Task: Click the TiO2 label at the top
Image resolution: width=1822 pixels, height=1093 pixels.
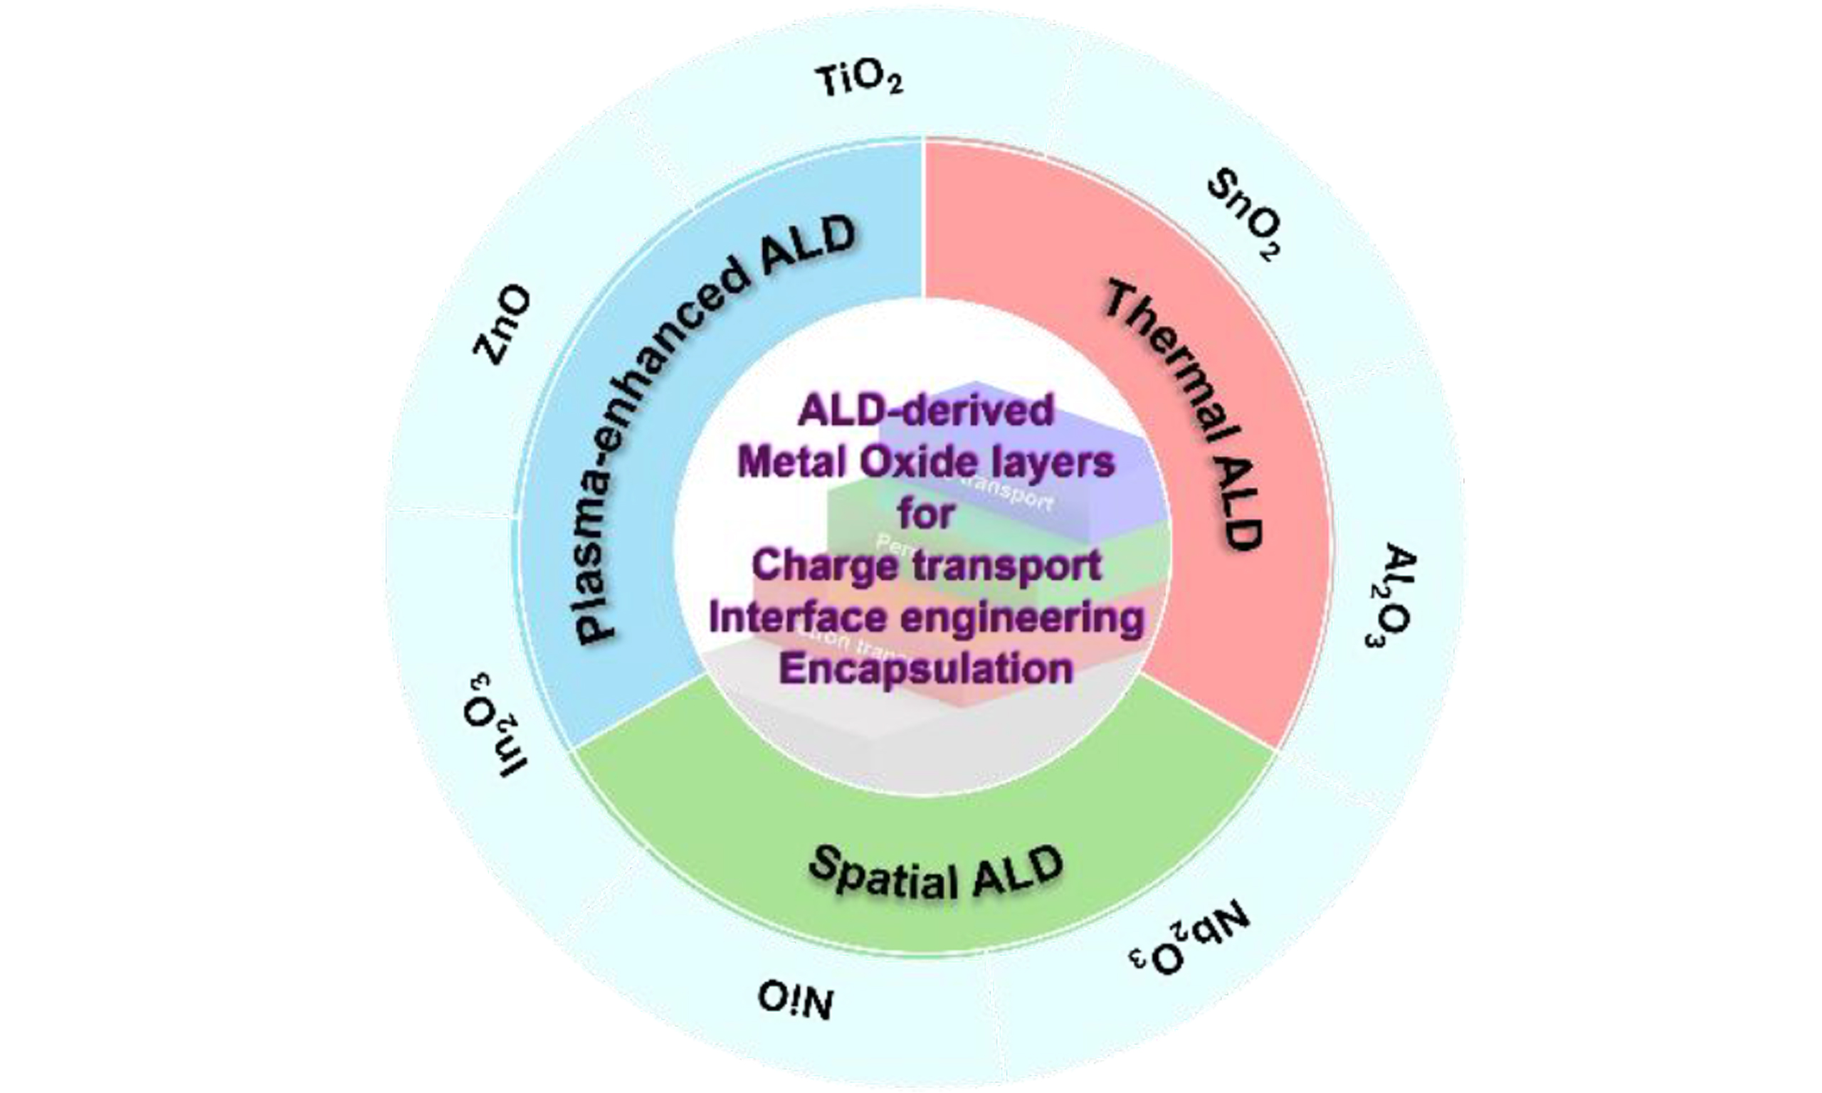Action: coord(859,80)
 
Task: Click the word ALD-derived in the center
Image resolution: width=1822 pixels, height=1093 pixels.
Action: coord(926,411)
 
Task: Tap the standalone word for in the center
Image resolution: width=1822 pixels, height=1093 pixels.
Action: coord(926,513)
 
